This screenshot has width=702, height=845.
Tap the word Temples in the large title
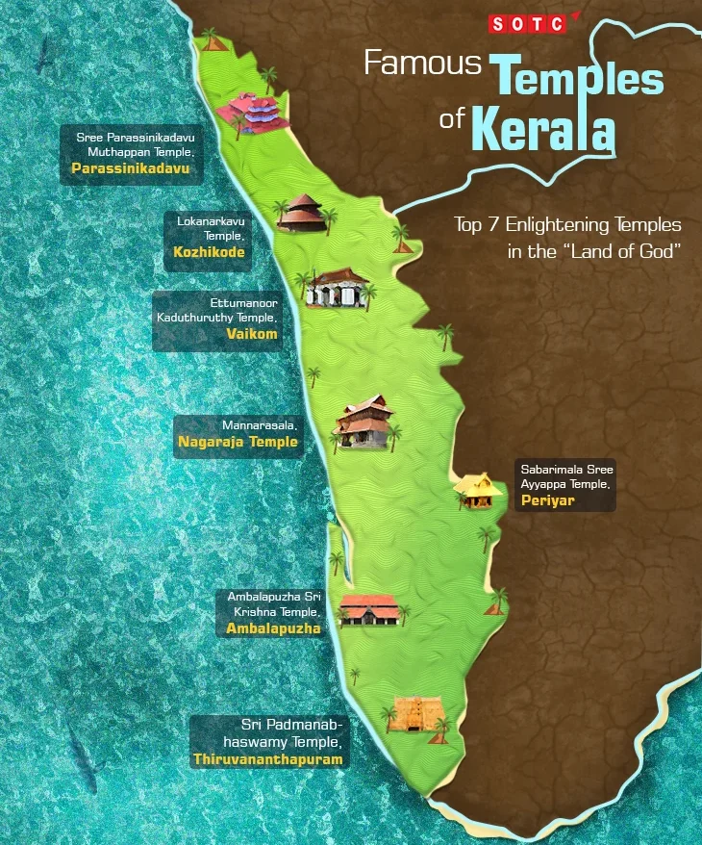click(577, 77)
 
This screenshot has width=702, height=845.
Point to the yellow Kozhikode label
click(209, 252)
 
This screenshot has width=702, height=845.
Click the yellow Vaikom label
click(251, 334)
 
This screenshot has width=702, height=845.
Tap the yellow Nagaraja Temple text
click(238, 442)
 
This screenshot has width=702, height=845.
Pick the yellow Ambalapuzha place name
click(273, 628)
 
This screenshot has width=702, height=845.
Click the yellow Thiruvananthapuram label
click(267, 758)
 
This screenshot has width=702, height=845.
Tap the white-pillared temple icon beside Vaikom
click(337, 288)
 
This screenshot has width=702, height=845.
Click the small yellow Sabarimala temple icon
click(476, 489)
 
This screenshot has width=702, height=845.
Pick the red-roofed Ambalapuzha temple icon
click(369, 608)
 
